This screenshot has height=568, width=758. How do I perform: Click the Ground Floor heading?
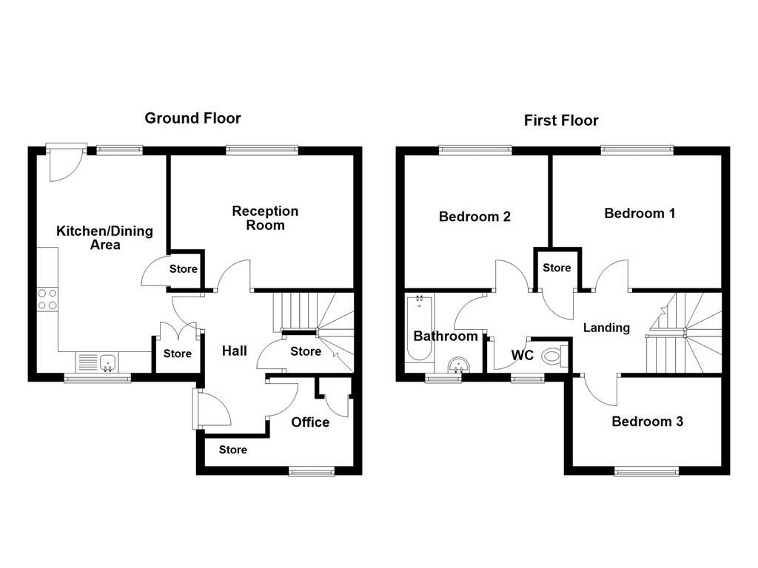(192, 118)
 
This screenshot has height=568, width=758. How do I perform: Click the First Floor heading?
(561, 120)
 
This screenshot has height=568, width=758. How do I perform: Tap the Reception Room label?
(265, 218)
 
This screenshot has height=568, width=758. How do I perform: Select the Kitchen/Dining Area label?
(104, 237)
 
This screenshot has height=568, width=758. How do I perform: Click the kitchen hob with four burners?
(47, 299)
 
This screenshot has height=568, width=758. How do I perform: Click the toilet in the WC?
(553, 356)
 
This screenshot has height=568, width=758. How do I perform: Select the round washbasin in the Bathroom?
(459, 365)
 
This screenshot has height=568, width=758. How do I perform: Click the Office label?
(310, 422)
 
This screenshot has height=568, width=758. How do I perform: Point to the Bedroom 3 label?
(647, 422)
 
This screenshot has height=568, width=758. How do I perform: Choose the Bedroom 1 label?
(640, 213)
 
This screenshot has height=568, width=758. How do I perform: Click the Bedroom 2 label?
(474, 217)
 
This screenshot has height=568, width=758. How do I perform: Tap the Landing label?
(606, 328)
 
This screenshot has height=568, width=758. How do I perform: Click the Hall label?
(235, 351)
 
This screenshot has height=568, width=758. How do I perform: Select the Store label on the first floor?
(557, 268)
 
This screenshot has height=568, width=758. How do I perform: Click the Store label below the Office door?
(232, 450)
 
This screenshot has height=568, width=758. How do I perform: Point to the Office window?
(311, 471)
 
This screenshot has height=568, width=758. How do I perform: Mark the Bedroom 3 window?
(646, 471)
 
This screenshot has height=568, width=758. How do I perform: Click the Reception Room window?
(263, 150)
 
